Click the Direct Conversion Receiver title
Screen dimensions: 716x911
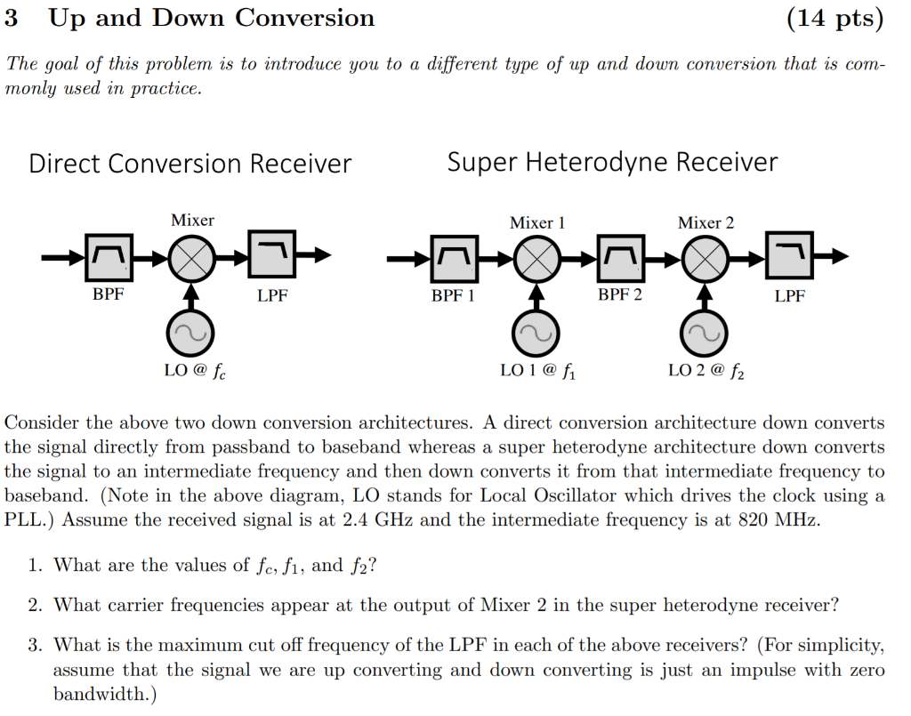pos(190,164)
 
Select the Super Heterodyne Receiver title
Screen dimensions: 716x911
pos(612,162)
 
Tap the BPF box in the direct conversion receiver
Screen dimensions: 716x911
pos(109,257)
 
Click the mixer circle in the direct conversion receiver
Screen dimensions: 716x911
pos(191,257)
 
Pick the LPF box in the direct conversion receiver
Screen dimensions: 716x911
pos(272,256)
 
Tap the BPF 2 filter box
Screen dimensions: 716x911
pos(620,258)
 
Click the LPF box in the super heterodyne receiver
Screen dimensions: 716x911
pos(788,258)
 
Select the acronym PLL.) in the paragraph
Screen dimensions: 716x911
pos(32,520)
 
